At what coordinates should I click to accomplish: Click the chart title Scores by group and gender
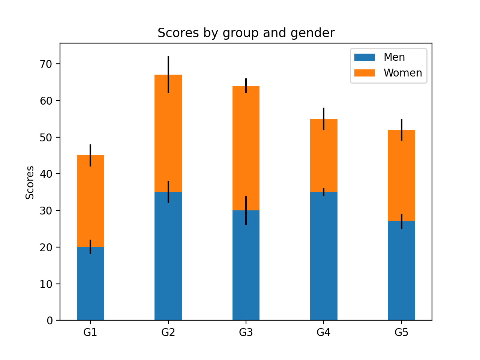[246, 33]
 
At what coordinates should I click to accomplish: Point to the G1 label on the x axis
[90, 333]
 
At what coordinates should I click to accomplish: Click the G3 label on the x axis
[246, 333]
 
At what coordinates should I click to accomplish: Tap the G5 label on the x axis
[401, 333]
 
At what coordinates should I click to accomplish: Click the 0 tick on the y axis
[50, 321]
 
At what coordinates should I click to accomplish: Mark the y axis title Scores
[30, 182]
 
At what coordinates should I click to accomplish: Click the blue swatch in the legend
[364, 57]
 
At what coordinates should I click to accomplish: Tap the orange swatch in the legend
[364, 73]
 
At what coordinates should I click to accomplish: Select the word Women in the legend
[402, 73]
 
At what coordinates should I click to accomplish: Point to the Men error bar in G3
[246, 204]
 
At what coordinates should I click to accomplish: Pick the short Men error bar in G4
[324, 192]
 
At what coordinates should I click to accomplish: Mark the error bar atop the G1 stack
[90, 150]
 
